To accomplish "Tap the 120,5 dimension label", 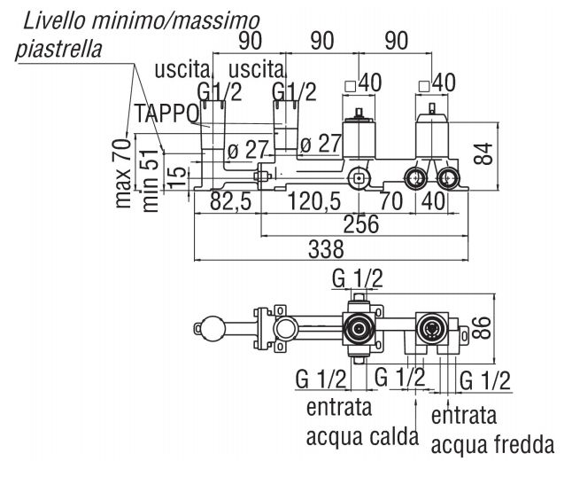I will (x=315, y=202).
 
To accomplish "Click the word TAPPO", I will (x=166, y=113).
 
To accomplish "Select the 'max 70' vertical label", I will (x=122, y=170).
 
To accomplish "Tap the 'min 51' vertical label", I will (x=150, y=180).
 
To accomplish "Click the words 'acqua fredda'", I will (x=493, y=442).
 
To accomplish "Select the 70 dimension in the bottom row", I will (x=390, y=202).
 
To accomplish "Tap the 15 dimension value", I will (x=175, y=177).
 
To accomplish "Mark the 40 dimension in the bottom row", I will (x=435, y=202).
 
